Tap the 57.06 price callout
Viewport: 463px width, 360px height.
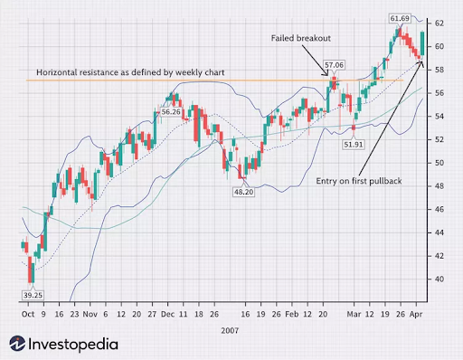tap(335, 65)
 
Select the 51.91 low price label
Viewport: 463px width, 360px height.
tap(354, 143)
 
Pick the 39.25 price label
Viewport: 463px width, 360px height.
tap(32, 295)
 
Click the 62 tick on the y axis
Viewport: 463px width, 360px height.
tap(438, 23)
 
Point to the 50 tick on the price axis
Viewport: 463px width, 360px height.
tap(438, 163)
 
